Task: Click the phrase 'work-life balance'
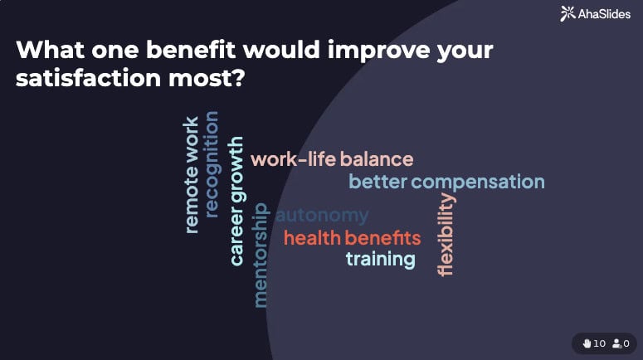331,159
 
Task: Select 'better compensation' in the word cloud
446,182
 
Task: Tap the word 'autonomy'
322,216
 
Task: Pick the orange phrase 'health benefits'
352,239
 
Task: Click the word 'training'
380,260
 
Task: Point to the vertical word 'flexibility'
446,234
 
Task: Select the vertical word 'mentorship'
261,255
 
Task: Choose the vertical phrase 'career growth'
236,201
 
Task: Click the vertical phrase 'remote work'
192,174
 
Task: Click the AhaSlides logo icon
567,13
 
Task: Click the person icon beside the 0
616,343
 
